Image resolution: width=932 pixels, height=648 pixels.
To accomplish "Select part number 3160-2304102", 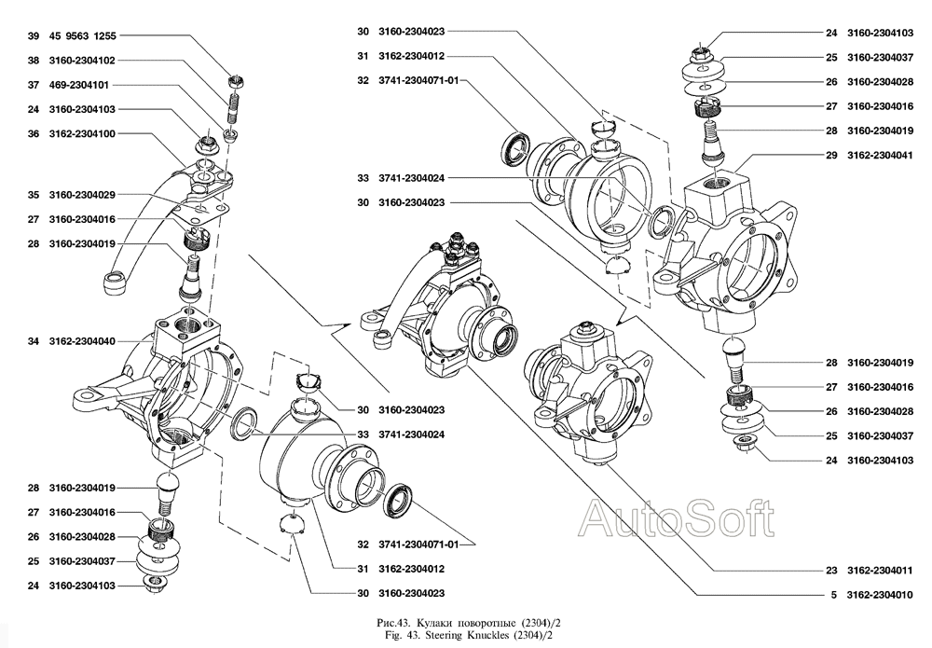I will pyautogui.click(x=81, y=61).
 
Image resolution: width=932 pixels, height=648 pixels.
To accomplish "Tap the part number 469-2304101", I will pyautogui.click(x=81, y=85).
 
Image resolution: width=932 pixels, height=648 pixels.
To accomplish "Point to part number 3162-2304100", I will pyautogui.click(x=81, y=133).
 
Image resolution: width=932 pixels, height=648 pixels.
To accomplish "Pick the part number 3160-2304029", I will pyautogui.click(x=81, y=195).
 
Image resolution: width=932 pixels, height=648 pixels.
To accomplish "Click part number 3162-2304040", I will pyautogui.click(x=81, y=341).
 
